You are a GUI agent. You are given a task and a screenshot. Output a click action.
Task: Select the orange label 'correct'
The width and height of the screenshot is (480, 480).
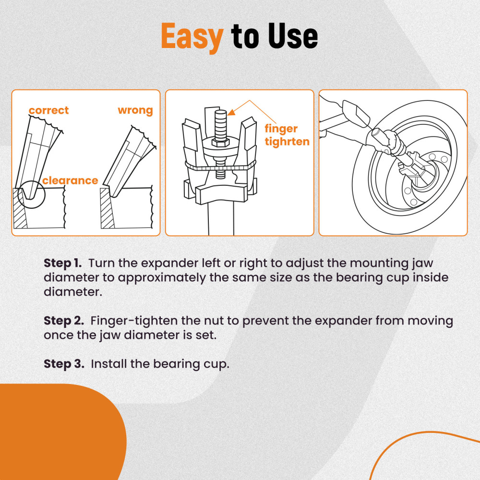coord(48,110)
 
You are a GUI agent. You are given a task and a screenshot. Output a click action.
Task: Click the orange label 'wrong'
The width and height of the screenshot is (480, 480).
coord(135,110)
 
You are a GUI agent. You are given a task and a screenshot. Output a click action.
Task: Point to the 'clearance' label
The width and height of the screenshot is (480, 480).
coord(70,180)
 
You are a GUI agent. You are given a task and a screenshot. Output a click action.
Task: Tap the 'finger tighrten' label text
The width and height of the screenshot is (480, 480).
coord(287,135)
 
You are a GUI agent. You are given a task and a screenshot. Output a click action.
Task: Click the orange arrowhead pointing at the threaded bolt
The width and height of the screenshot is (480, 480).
coord(230,113)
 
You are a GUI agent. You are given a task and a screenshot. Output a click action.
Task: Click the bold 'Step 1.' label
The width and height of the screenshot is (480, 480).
coord(63,263)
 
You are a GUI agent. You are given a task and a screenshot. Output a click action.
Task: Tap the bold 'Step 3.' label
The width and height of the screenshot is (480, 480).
coord(64,364)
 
